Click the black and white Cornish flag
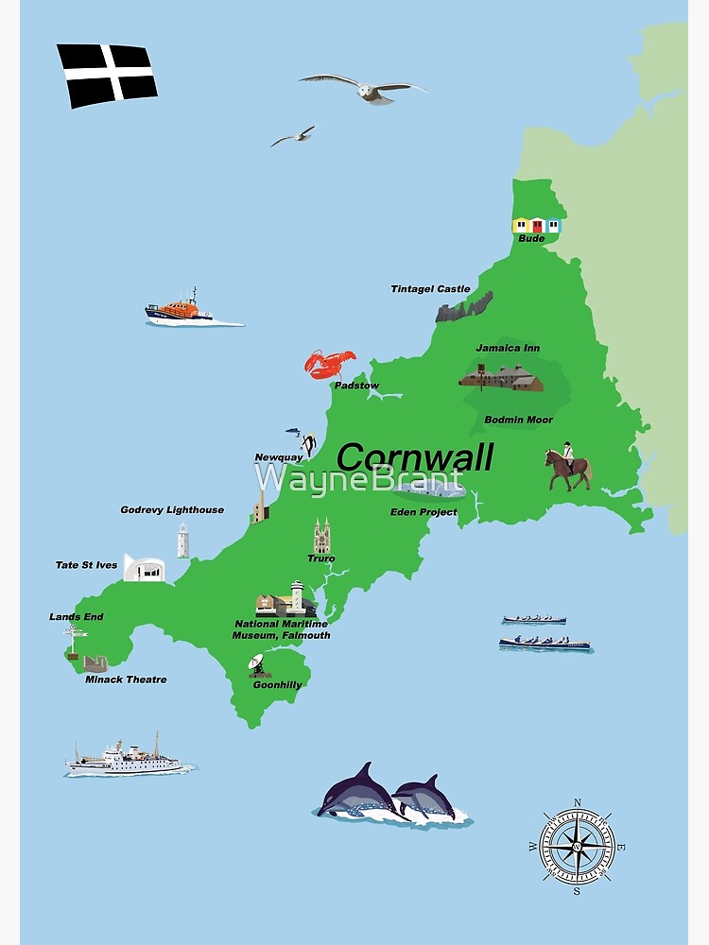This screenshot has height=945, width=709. pyautogui.click(x=107, y=74)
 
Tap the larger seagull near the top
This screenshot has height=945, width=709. pyautogui.click(x=365, y=88)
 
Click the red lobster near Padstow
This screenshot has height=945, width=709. pyautogui.click(x=329, y=364)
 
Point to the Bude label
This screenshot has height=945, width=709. pyautogui.click(x=531, y=238)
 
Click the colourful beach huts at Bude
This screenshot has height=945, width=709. pyautogui.click(x=536, y=225)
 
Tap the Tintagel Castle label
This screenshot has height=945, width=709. pyautogui.click(x=430, y=289)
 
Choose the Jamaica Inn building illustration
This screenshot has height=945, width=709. pyautogui.click(x=501, y=378)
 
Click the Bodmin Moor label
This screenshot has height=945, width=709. pyautogui.click(x=518, y=420)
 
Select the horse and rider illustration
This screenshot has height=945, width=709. pyautogui.click(x=567, y=467)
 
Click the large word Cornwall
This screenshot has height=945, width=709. pyautogui.click(x=414, y=458)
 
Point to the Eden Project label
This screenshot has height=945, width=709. pyautogui.click(x=424, y=512)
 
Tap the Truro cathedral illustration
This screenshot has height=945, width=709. pyautogui.click(x=321, y=536)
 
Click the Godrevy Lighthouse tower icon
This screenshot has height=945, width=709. pyautogui.click(x=182, y=541)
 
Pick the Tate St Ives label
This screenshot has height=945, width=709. pyautogui.click(x=87, y=565)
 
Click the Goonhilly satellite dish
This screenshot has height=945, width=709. pyautogui.click(x=259, y=665)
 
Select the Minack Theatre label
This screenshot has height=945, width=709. pyautogui.click(x=126, y=679)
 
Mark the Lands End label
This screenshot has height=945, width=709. pyautogui.click(x=77, y=617)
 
